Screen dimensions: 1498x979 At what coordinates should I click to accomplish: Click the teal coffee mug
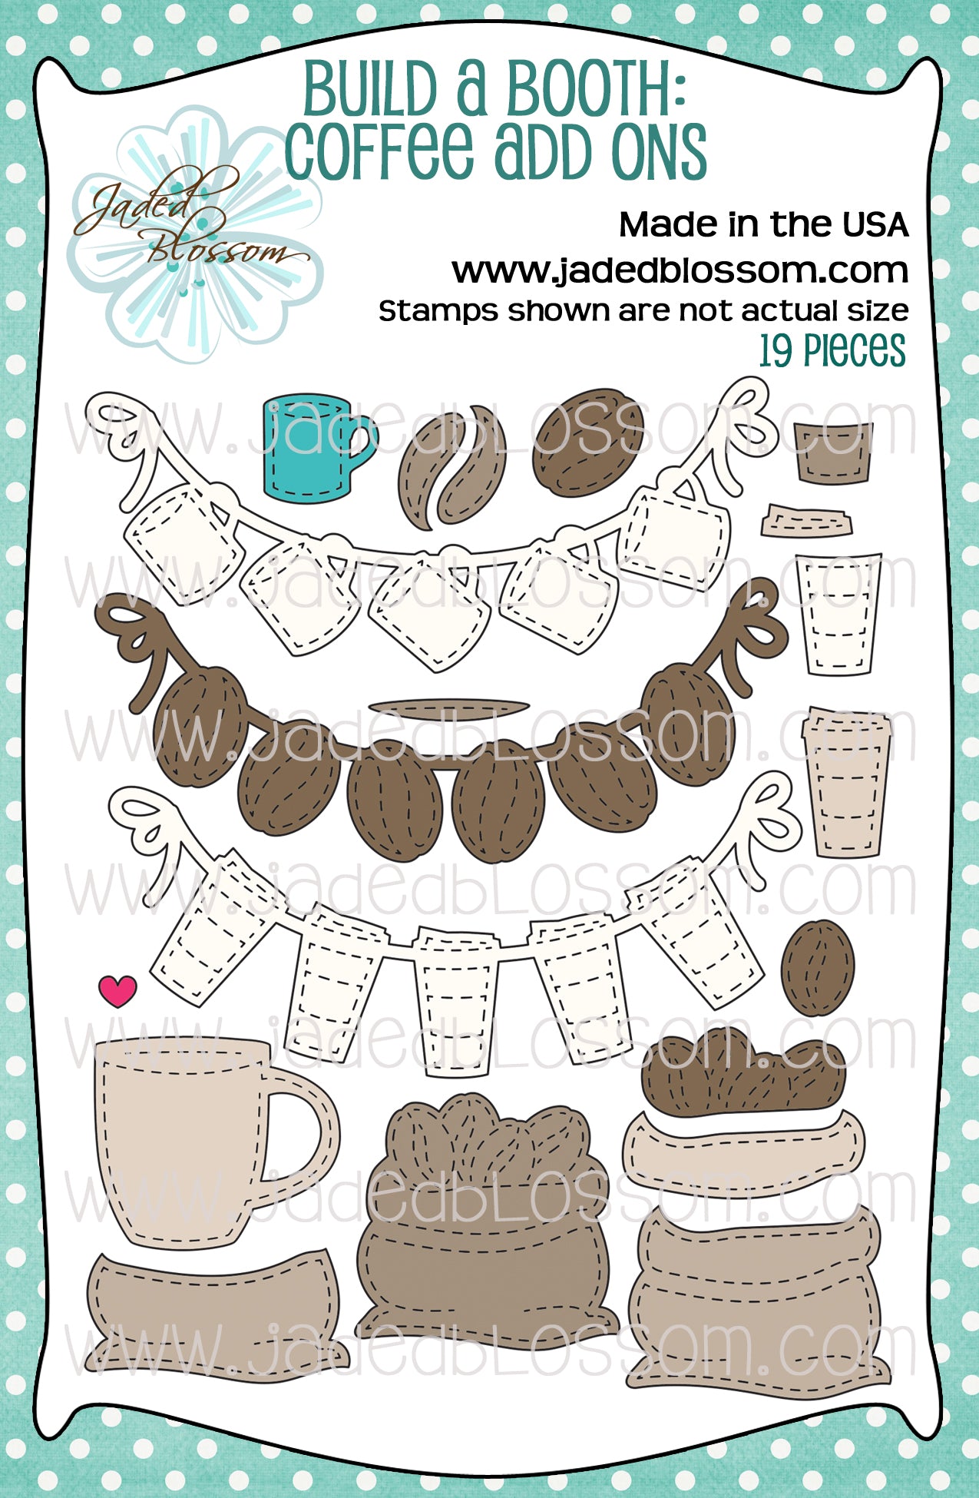tap(311, 449)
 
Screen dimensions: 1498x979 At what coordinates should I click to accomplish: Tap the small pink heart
tap(117, 990)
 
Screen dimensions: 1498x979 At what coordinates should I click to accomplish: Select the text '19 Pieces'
tap(832, 351)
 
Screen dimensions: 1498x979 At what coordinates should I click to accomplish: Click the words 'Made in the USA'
tap(764, 225)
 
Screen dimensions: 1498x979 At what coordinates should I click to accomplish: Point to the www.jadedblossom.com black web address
tap(680, 270)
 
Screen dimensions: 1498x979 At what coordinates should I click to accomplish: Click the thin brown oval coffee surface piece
tap(448, 708)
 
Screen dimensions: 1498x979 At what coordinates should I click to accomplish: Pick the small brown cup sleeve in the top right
tap(833, 452)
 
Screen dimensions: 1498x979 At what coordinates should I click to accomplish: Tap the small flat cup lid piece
tap(807, 522)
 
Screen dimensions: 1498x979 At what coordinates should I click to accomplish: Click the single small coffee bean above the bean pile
tap(818, 968)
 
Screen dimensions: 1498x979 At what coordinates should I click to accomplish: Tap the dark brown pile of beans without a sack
tap(741, 1072)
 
